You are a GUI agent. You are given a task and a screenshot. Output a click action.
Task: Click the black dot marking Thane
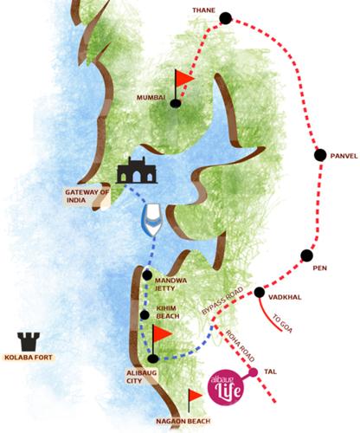(x=225, y=16)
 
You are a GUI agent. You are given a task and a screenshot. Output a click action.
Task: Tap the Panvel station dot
(x=318, y=156)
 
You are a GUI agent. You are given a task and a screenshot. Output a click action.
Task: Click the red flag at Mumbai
(x=181, y=82)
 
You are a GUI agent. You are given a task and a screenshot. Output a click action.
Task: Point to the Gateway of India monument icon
(x=131, y=171)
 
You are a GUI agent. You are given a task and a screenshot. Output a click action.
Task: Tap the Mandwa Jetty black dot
(x=147, y=275)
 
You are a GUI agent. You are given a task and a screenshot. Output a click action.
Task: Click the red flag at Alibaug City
(x=160, y=336)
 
